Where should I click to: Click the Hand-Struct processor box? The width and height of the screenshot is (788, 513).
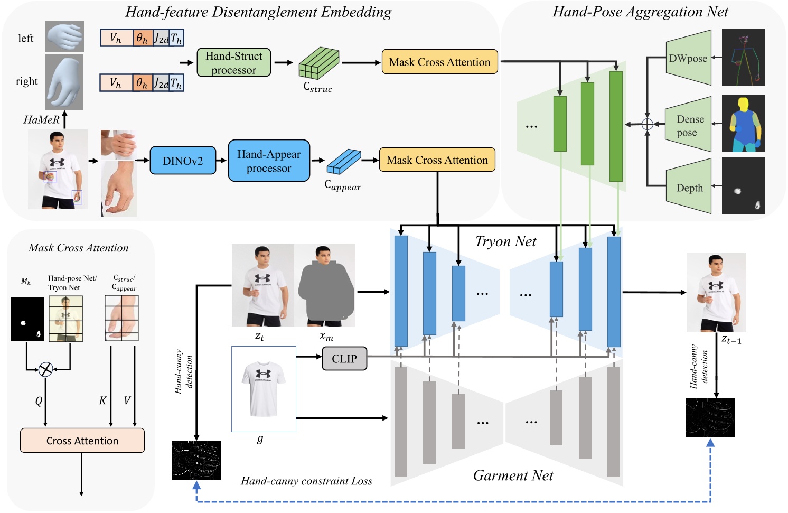point(233,62)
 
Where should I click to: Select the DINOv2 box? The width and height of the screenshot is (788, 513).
point(183,161)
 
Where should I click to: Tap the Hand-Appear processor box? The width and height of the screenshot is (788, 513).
point(268,161)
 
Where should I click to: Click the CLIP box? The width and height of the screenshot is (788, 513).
point(344,359)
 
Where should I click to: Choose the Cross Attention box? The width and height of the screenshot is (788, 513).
point(82,441)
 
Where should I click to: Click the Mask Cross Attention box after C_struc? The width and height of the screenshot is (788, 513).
point(439,62)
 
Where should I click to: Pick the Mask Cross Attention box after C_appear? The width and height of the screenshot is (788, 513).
point(437,160)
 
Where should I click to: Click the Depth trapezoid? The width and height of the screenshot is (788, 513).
point(689,188)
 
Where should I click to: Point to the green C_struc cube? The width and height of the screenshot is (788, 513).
point(318,64)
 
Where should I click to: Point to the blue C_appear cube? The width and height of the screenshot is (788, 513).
point(343,162)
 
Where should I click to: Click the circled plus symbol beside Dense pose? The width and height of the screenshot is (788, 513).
point(647,125)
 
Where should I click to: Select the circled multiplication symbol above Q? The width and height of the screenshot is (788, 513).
point(46,369)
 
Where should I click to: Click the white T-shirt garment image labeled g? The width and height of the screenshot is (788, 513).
point(264,389)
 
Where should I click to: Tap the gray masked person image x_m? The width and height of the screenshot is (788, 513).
point(325,285)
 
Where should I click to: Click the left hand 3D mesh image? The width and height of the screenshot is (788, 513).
point(64,36)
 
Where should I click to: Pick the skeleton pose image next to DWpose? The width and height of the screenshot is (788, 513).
point(743,58)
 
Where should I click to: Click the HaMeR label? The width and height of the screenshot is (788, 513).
point(41,120)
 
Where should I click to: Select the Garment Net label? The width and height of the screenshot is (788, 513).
point(512,475)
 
